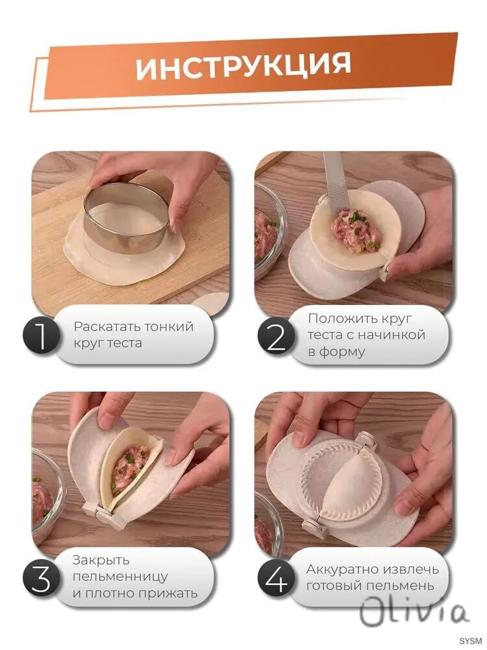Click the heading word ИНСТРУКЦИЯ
(243, 66)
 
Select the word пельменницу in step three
(121, 577)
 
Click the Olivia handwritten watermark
(414, 612)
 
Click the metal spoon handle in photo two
(336, 183)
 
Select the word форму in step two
(336, 352)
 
